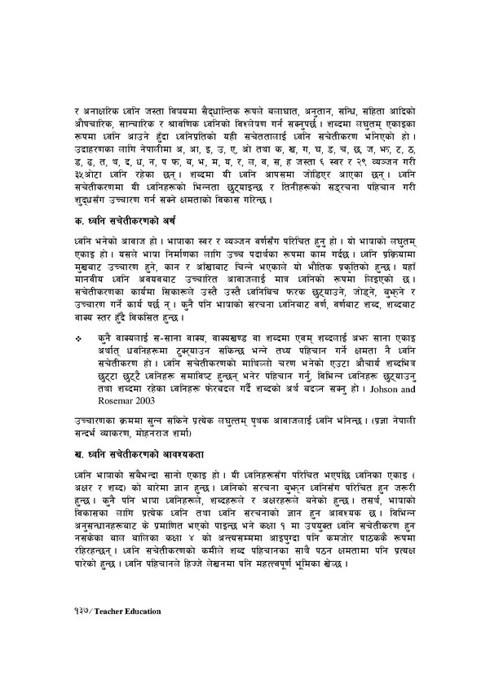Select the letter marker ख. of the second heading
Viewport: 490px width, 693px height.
coord(78,450)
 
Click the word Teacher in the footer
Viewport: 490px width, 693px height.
coord(113,632)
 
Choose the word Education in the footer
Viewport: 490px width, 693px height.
coord(146,632)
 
